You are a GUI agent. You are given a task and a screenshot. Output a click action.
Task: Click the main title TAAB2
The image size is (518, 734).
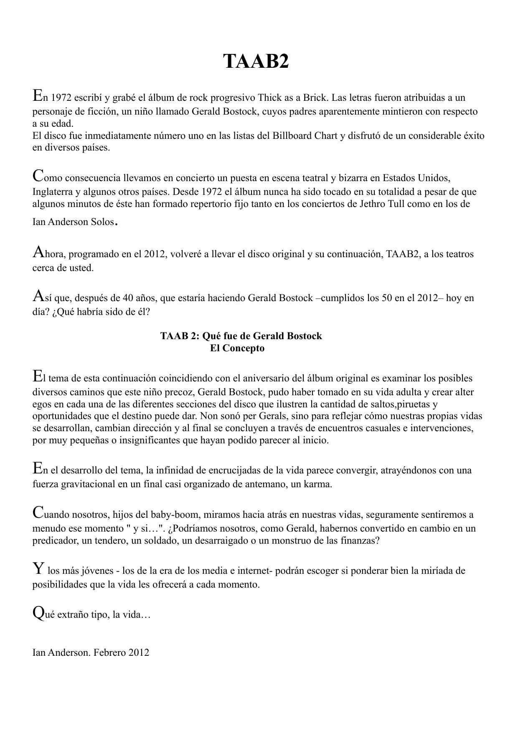[256, 61]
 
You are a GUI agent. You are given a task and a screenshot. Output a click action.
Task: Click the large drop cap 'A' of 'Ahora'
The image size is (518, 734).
[38, 252]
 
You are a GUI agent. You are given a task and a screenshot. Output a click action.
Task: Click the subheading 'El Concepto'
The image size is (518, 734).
[237, 348]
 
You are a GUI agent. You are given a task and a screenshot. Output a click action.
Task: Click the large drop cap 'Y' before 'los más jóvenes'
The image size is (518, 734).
[38, 569]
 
